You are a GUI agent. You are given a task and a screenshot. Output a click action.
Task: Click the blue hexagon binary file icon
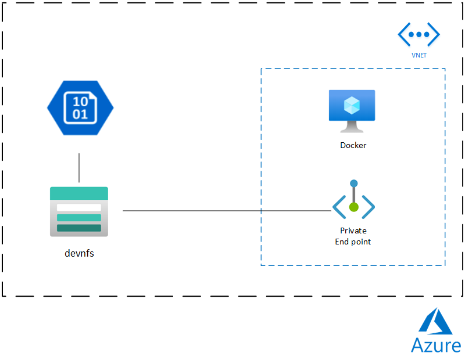80,107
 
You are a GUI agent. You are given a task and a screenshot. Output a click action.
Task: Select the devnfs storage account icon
79,211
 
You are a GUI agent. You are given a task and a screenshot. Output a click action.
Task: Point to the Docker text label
353,145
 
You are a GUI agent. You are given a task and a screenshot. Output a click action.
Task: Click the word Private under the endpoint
353,231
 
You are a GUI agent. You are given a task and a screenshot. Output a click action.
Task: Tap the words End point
353,242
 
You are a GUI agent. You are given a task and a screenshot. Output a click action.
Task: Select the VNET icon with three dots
419,35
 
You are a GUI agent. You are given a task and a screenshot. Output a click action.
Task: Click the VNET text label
419,56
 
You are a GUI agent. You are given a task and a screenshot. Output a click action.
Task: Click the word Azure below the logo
435,345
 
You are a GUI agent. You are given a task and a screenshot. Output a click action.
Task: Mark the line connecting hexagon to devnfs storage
79,168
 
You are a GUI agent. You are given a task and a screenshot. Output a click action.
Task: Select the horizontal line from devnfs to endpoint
227,211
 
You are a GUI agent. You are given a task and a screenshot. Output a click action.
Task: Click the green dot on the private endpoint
353,207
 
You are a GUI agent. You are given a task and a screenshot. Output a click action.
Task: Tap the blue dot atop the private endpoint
353,183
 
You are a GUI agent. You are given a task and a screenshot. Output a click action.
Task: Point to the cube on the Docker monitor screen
352,105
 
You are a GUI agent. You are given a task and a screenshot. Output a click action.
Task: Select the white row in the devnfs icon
79,207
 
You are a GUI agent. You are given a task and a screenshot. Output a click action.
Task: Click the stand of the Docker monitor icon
352,128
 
